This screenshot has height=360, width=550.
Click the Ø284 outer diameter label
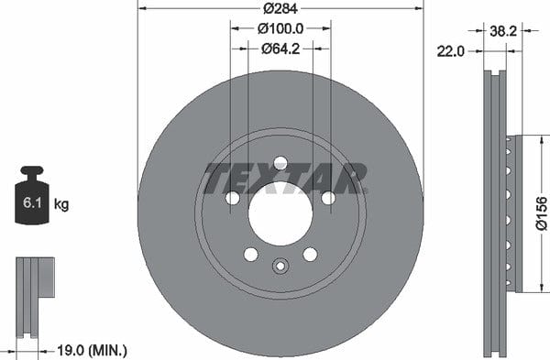[x=280, y=8]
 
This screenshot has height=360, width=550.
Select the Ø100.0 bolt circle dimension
[x=280, y=28]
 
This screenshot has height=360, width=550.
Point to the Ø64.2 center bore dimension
[x=280, y=49]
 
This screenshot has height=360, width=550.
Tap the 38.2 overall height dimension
[x=503, y=31]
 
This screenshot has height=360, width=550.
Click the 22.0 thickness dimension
[x=450, y=52]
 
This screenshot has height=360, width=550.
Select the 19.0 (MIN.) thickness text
[x=92, y=350]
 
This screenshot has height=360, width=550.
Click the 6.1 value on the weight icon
[x=32, y=203]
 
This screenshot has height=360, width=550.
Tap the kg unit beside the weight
[x=61, y=204]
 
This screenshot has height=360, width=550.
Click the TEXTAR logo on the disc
[x=286, y=178]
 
